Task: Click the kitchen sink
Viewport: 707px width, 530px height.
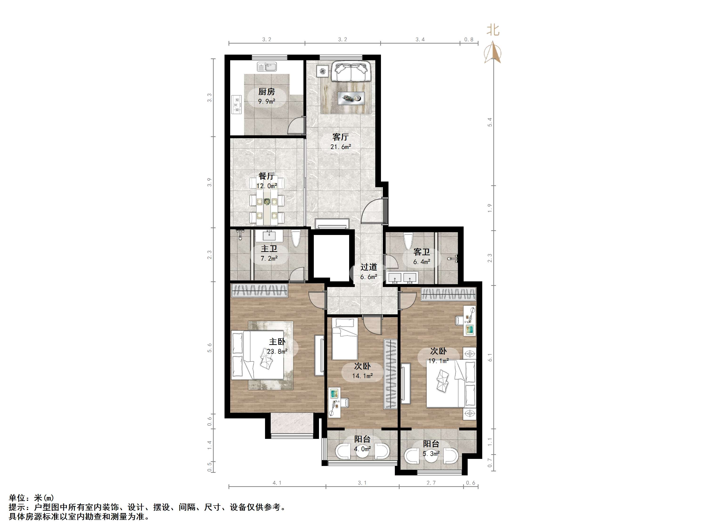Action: pyautogui.click(x=267, y=67)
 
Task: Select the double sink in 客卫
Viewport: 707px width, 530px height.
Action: pyautogui.click(x=402, y=278)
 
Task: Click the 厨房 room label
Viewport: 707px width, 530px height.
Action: pyautogui.click(x=266, y=92)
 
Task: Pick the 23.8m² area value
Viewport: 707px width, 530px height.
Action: pyautogui.click(x=277, y=352)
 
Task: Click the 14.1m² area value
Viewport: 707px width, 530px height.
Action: pyautogui.click(x=362, y=376)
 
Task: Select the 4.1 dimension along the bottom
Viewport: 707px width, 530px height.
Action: pyautogui.click(x=277, y=483)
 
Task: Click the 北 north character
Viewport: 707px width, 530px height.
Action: pyautogui.click(x=493, y=30)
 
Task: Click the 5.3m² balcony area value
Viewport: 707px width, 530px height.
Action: pyautogui.click(x=431, y=453)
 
